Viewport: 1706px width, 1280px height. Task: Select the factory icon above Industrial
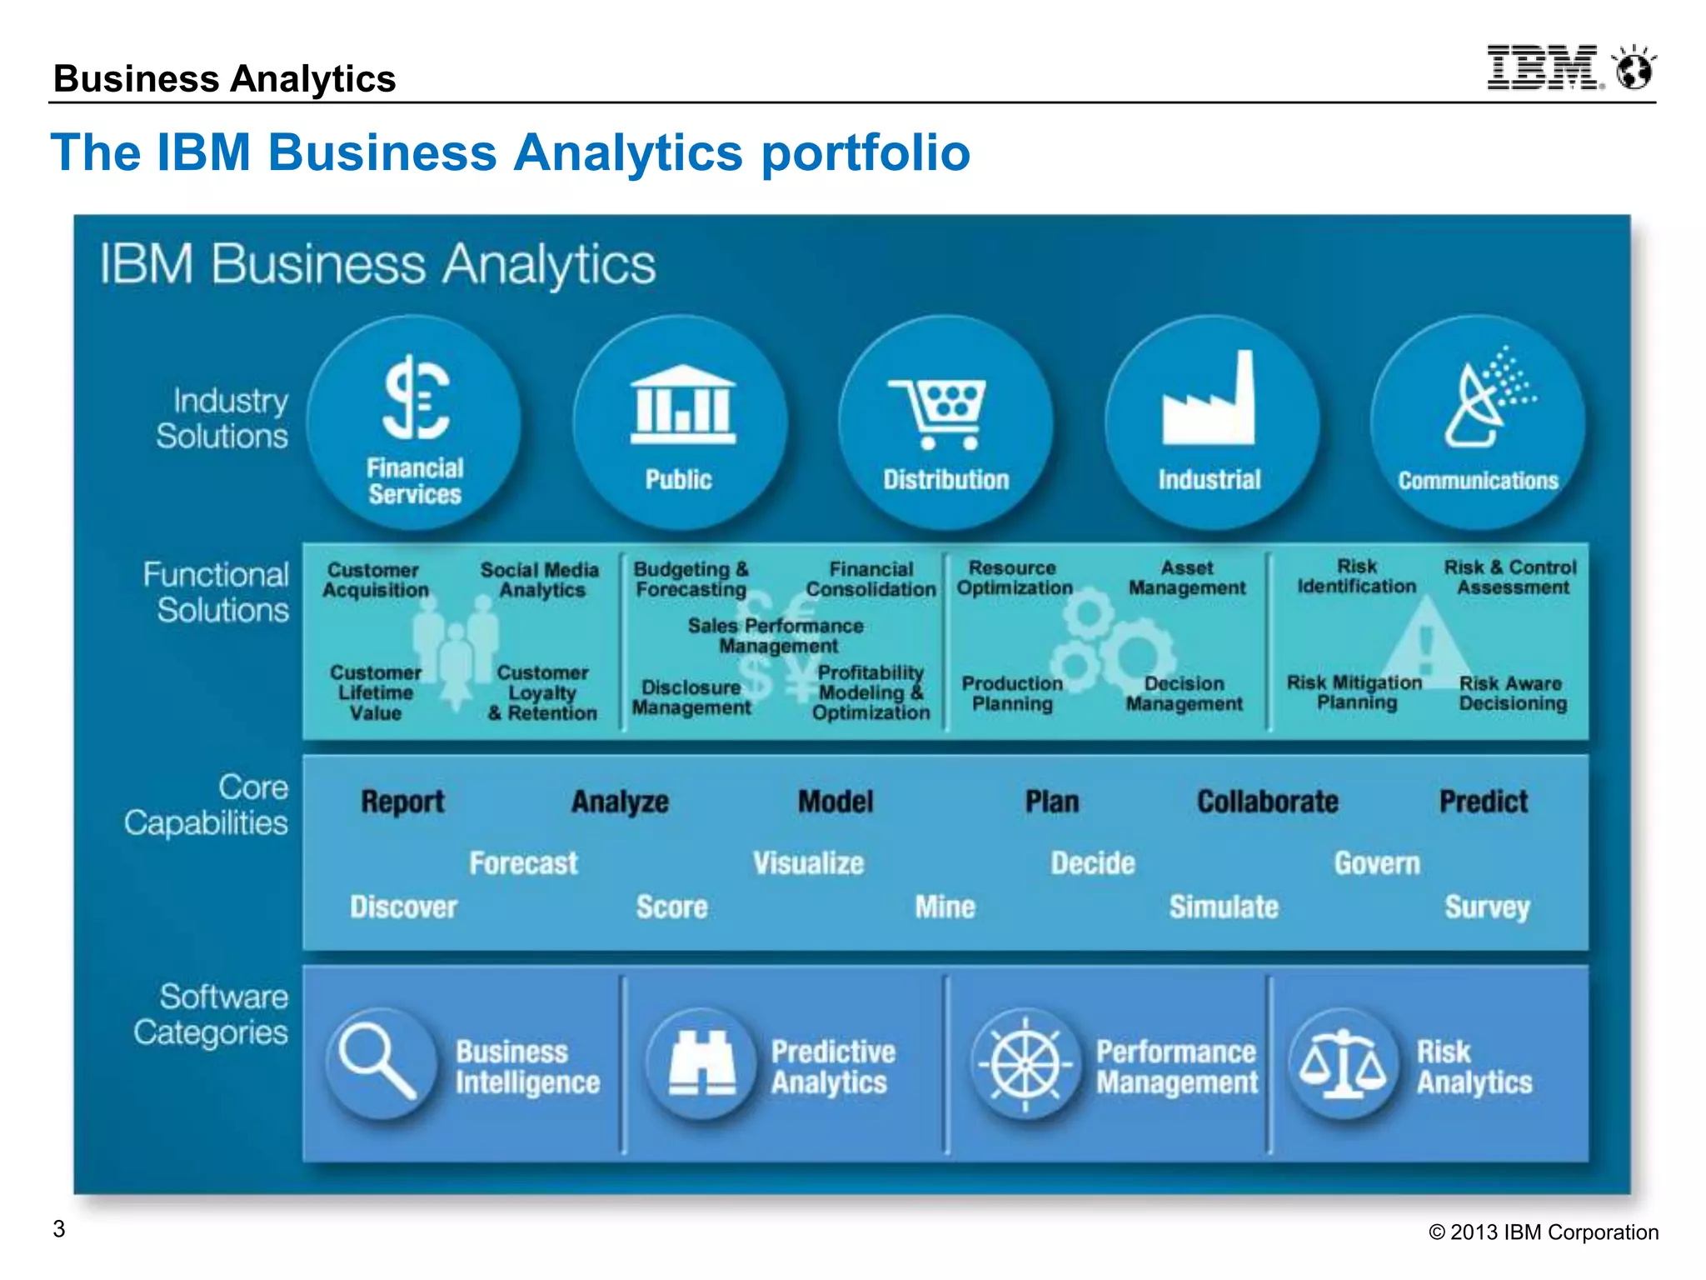[x=1209, y=400]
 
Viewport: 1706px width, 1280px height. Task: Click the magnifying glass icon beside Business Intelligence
[x=379, y=1062]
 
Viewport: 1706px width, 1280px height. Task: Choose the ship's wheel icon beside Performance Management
[x=1025, y=1064]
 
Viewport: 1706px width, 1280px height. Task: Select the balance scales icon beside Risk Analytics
[x=1343, y=1062]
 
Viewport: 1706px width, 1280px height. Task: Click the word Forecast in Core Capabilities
[x=523, y=863]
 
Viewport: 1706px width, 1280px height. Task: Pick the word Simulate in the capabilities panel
[x=1223, y=907]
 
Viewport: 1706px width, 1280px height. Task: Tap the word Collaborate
[x=1267, y=802]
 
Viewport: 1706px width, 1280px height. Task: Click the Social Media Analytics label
[x=540, y=580]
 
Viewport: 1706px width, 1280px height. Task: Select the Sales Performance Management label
[x=776, y=636]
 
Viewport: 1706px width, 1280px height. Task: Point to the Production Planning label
[x=1012, y=693]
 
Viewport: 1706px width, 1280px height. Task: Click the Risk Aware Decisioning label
[x=1512, y=693]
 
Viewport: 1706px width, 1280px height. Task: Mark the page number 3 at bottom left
[x=59, y=1229]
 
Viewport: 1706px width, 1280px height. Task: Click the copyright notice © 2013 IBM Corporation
[x=1543, y=1232]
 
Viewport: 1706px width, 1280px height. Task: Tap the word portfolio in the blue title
[x=865, y=153]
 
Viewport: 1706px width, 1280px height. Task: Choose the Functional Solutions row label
[x=217, y=592]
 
